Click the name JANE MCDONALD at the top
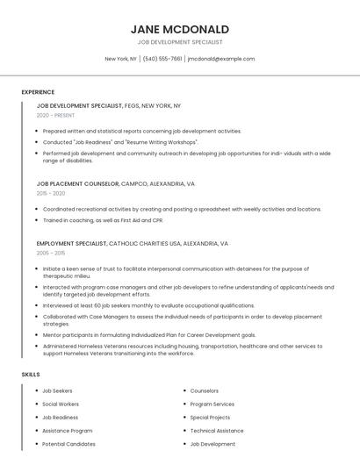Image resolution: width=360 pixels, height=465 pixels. pos(179,29)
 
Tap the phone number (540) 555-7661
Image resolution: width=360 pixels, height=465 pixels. pos(162,59)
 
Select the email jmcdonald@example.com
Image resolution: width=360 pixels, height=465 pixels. pos(221,59)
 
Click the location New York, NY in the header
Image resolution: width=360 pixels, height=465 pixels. pos(120,59)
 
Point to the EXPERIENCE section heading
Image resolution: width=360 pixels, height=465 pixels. pos(38,92)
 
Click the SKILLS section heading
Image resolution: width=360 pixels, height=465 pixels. pos(31,375)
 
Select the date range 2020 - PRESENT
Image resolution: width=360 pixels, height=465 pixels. pos(56,115)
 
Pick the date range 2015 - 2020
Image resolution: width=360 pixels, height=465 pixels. pos(51,193)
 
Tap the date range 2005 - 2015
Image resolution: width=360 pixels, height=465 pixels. pos(51,253)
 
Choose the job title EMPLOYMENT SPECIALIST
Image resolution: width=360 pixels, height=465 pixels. pos(71,243)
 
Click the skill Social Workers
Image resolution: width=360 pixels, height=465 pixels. pos(61,404)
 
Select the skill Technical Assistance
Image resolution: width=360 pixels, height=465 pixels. pos(217,431)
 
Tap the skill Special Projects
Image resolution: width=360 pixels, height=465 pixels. pos(210,418)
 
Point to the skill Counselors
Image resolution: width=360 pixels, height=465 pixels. pos(205,390)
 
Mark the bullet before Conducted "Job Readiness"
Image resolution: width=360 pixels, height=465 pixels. pos(36,141)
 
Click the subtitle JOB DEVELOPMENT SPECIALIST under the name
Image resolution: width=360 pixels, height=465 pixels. pos(180,42)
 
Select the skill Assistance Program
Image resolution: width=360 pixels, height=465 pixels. pos(67,431)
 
